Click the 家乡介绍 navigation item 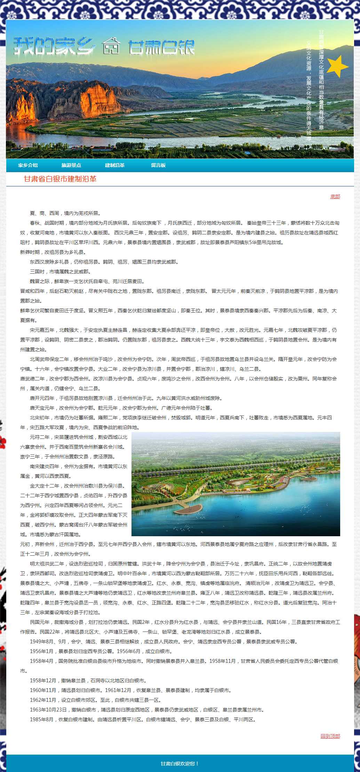click(x=28, y=165)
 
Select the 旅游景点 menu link click(x=71, y=165)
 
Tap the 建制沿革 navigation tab click(x=115, y=165)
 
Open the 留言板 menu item click(x=158, y=165)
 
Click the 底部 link click(x=335, y=197)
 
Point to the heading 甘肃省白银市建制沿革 click(x=60, y=179)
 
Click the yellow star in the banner click(x=337, y=66)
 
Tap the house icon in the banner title click(x=111, y=46)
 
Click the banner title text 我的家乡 click(x=54, y=46)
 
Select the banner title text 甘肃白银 click(x=161, y=47)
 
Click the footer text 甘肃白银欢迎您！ click(x=180, y=764)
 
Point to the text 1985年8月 click(x=42, y=719)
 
